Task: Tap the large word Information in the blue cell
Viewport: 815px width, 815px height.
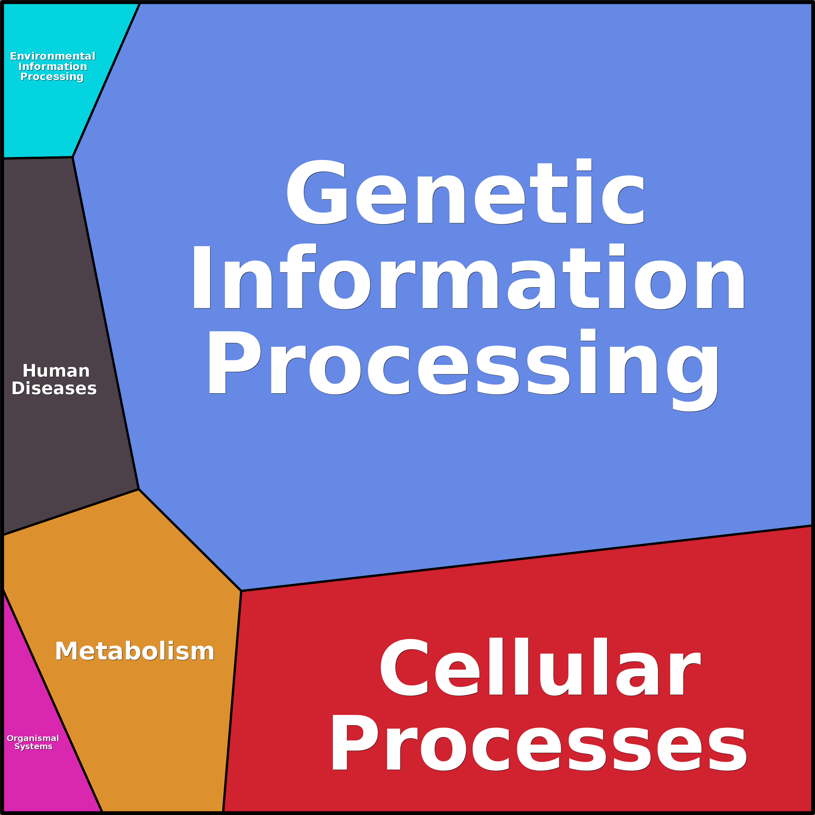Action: (468, 278)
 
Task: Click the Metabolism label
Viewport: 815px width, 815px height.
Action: (135, 651)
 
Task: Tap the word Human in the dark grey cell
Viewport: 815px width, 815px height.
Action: (56, 371)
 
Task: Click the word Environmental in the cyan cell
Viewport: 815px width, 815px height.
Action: (53, 56)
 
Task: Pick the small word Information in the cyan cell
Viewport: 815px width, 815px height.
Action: (53, 67)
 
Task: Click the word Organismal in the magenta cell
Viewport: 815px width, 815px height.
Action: (33, 738)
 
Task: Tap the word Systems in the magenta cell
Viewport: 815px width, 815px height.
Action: (33, 746)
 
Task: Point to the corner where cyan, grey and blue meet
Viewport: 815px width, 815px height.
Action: (73, 157)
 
